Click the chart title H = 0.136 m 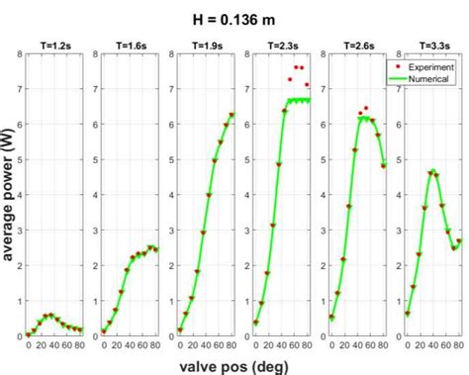pos(234,17)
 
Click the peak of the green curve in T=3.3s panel pos(431,171)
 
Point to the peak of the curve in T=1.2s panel pos(48,315)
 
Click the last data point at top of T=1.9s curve pos(233,115)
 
